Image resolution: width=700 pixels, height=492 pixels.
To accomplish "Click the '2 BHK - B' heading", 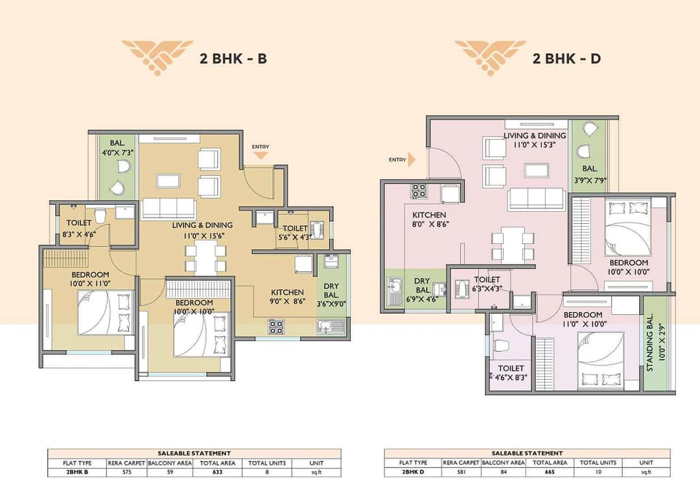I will click(x=233, y=58).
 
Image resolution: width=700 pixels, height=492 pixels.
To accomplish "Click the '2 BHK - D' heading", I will click(x=566, y=58).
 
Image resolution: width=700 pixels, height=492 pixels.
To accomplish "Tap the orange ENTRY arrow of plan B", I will click(x=261, y=156).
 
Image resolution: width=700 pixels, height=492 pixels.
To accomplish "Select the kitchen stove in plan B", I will click(x=276, y=326).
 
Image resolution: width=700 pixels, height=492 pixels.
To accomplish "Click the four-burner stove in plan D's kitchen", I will click(x=419, y=191).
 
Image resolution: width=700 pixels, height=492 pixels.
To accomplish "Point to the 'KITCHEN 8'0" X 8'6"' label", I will click(x=430, y=219).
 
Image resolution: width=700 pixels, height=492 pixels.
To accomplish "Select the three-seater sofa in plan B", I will click(x=168, y=209).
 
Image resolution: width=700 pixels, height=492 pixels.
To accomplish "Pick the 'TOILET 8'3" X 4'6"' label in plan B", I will click(x=79, y=228).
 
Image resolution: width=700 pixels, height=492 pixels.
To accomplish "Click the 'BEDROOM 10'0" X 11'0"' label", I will click(x=91, y=278).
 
